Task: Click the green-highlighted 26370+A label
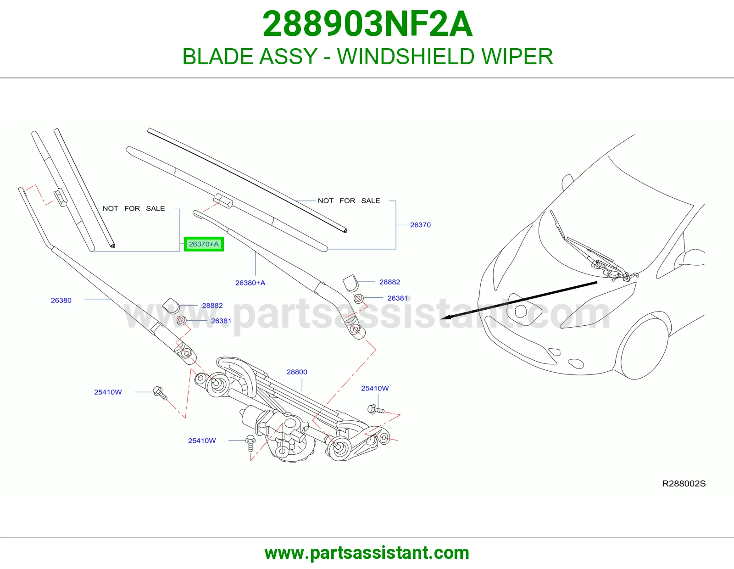pyautogui.click(x=204, y=244)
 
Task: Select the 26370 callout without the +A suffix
pyautogui.click(x=420, y=225)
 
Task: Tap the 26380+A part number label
pyautogui.click(x=250, y=283)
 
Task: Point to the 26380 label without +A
pyautogui.click(x=61, y=301)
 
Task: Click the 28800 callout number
pyautogui.click(x=297, y=372)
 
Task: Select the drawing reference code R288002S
pyautogui.click(x=684, y=484)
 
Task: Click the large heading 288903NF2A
pyautogui.click(x=367, y=24)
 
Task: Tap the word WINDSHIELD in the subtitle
pyautogui.click(x=406, y=56)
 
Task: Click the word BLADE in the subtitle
pyautogui.click(x=217, y=56)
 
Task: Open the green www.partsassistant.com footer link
pyautogui.click(x=367, y=553)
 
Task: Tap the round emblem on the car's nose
pyautogui.click(x=521, y=311)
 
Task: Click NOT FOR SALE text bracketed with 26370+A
pyautogui.click(x=134, y=208)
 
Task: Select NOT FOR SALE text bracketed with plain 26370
pyautogui.click(x=349, y=201)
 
